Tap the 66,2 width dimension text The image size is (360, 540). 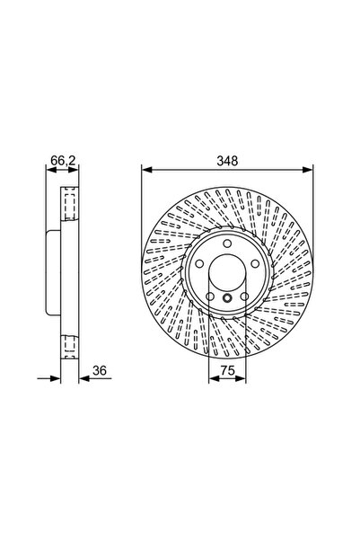click(x=61, y=159)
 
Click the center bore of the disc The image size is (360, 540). click(x=228, y=273)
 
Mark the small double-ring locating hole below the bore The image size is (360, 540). click(x=228, y=299)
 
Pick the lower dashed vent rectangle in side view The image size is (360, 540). click(x=67, y=345)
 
